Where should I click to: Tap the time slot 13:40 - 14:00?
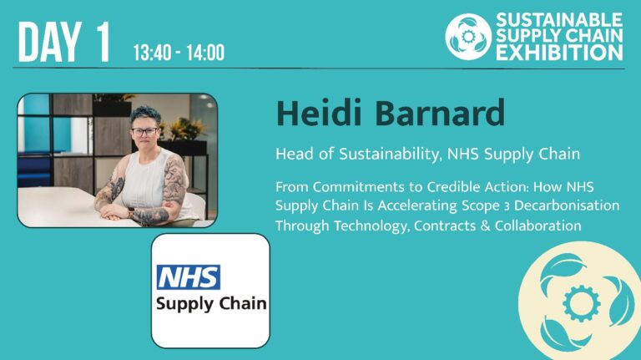click(179, 53)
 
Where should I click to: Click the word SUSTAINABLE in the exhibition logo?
click(559, 19)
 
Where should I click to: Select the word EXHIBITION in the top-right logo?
click(559, 53)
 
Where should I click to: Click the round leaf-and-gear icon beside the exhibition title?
click(467, 36)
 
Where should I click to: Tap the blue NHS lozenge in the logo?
click(189, 276)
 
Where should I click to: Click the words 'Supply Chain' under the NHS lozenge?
click(210, 302)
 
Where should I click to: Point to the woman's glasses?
click(144, 131)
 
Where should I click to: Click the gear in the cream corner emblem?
click(581, 303)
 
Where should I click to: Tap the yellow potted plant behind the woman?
click(183, 126)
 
